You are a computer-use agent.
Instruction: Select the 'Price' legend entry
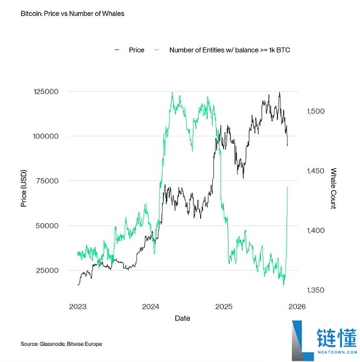point(136,50)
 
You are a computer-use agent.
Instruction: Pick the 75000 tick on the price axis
point(47,181)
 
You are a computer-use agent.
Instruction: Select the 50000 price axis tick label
point(47,226)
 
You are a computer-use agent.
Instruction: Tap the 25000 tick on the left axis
point(47,270)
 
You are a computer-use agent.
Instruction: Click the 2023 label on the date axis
point(78,306)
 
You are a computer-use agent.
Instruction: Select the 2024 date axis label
point(150,306)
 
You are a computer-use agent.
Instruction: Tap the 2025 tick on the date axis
point(223,306)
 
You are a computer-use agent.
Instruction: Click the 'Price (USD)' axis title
point(24,189)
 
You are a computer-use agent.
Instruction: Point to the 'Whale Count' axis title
point(333,188)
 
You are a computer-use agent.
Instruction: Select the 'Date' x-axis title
point(182,317)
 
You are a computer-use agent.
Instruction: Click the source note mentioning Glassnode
point(61,344)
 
